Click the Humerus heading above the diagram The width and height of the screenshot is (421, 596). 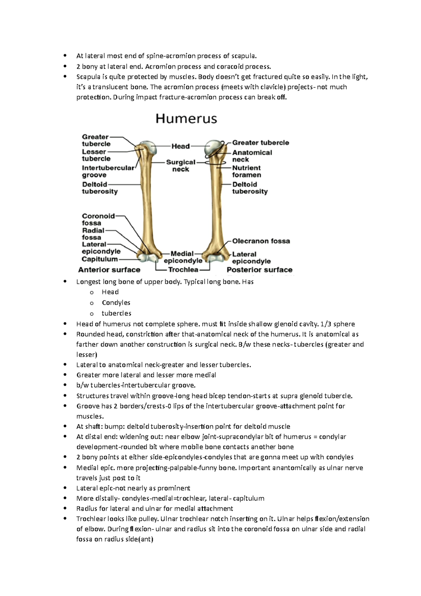(186, 119)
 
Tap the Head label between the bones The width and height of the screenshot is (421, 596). (180, 146)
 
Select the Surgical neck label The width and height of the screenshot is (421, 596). (181, 166)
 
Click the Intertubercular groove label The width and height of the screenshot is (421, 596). (108, 171)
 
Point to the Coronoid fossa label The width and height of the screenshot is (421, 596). (98, 219)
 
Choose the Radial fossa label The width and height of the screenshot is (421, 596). (93, 234)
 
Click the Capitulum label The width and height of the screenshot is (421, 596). (100, 259)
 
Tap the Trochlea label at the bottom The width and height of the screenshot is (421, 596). (183, 270)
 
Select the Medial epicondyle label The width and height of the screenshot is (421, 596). (183, 257)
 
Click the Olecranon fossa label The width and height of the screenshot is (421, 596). (261, 241)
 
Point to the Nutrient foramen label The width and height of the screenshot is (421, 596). (246, 171)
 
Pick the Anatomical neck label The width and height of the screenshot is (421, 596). (252, 156)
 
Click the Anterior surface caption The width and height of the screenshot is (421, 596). (109, 270)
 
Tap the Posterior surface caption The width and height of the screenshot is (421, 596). (259, 270)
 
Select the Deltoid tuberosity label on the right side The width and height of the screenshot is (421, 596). (250, 188)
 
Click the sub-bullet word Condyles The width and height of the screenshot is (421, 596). (116, 303)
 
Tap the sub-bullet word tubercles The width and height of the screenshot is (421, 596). (116, 313)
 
